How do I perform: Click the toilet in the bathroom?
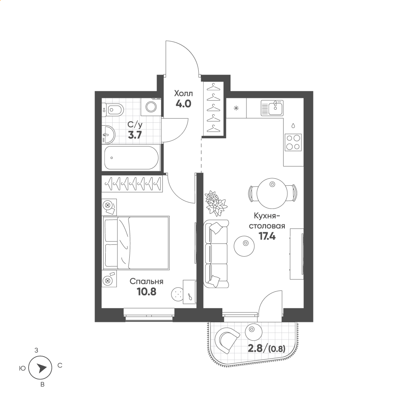pos(113,111)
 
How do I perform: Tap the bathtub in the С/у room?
pos(131,157)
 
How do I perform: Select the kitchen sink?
pos(272,108)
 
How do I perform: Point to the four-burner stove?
pos(293,142)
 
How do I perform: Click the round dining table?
pos(272,193)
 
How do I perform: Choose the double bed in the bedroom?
pos(136,242)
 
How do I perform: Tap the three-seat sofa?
pos(216,254)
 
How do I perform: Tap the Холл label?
pos(184,93)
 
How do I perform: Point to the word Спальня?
pos(146,282)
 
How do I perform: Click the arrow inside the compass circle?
pos(41,368)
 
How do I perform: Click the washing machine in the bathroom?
pos(151,106)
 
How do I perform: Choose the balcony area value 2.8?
pos(255,348)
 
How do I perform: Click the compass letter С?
pos(60,366)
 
